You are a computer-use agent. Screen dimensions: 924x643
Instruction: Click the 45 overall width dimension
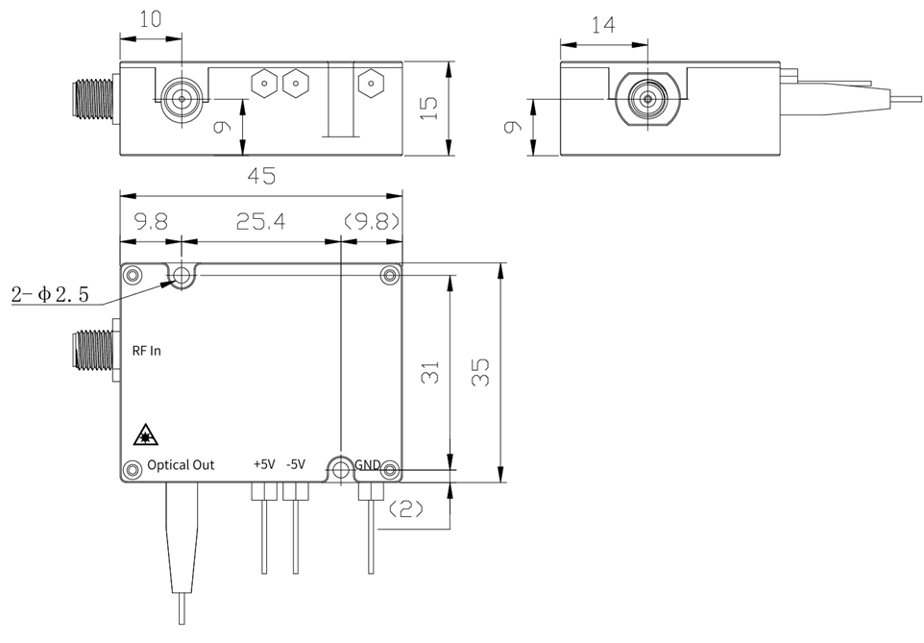pyautogui.click(x=261, y=176)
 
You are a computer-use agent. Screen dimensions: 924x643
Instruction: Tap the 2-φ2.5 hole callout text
pyautogui.click(x=50, y=294)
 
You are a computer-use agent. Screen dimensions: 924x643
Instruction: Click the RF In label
pyautogui.click(x=146, y=351)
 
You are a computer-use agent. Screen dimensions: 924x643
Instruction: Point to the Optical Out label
pyautogui.click(x=181, y=465)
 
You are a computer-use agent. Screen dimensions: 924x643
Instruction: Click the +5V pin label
pyautogui.click(x=264, y=464)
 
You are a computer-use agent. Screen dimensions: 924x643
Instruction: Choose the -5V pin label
pyautogui.click(x=296, y=464)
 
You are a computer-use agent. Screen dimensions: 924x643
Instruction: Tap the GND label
pyautogui.click(x=368, y=465)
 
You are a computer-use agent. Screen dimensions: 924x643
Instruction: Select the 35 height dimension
pyautogui.click(x=481, y=372)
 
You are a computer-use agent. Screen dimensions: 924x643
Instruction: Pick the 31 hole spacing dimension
pyautogui.click(x=430, y=372)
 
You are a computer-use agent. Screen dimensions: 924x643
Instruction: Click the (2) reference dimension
pyautogui.click(x=404, y=508)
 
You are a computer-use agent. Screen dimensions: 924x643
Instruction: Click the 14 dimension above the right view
pyautogui.click(x=603, y=25)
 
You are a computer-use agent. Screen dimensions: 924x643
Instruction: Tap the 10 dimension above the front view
pyautogui.click(x=150, y=19)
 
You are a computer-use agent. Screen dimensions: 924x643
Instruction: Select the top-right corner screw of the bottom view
pyautogui.click(x=389, y=275)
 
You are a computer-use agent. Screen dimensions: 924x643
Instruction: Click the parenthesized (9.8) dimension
pyautogui.click(x=372, y=222)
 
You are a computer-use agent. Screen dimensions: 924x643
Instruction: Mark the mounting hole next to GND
pyautogui.click(x=341, y=470)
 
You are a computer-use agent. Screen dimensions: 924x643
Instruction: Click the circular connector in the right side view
pyautogui.click(x=647, y=98)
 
